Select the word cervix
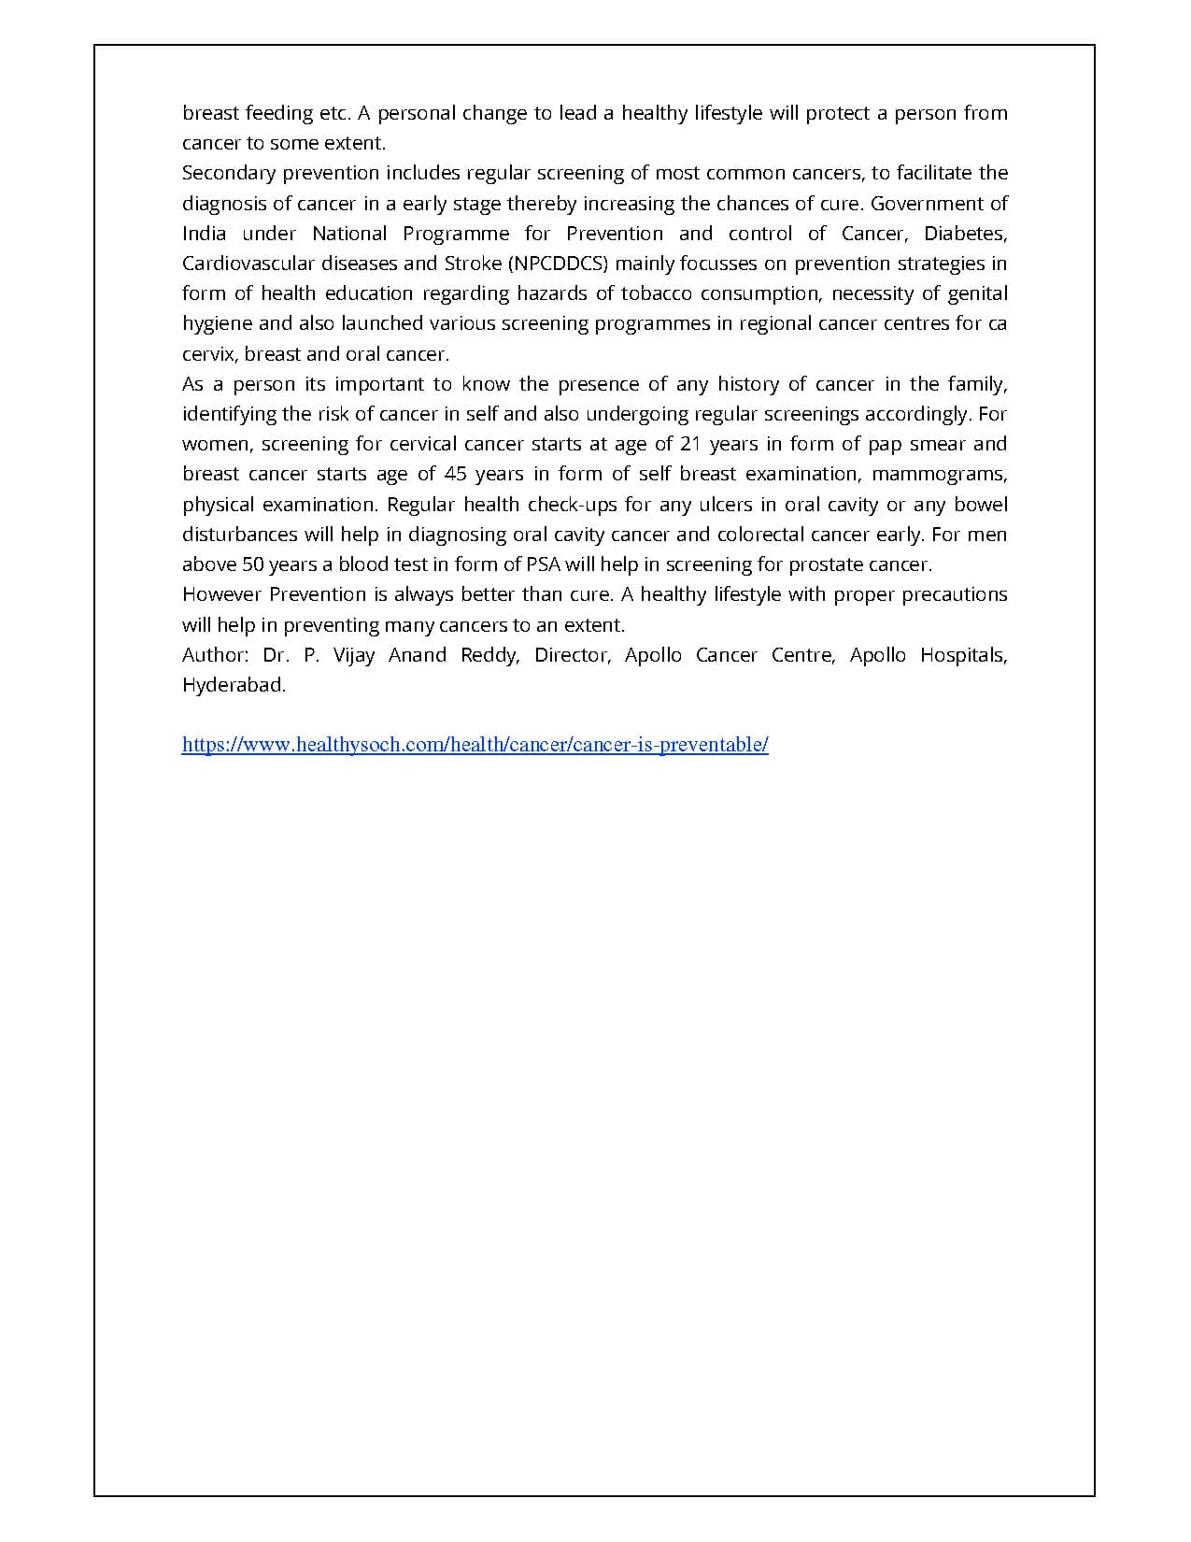tap(209, 354)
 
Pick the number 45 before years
tap(455, 474)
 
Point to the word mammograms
tap(939, 474)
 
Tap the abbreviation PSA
tap(544, 564)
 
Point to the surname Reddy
tap(489, 655)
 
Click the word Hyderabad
tap(234, 685)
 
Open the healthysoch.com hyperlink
tap(475, 745)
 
